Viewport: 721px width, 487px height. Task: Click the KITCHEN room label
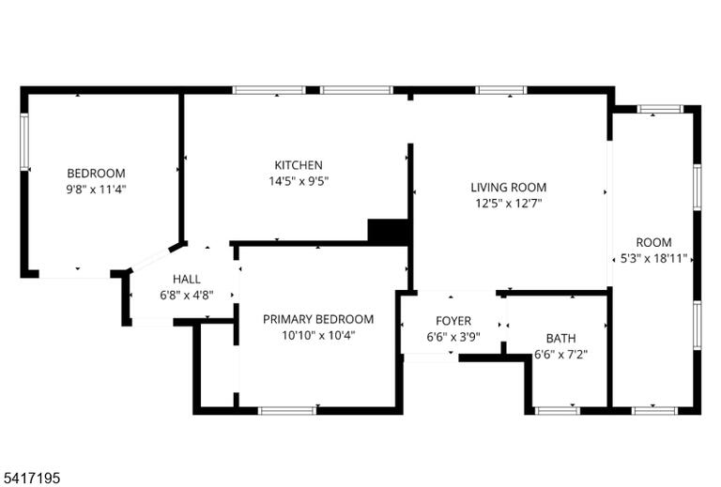[299, 165]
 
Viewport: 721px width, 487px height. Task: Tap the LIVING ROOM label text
[509, 188]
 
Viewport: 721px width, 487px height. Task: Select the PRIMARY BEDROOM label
[318, 319]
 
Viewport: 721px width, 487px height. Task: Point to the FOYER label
[453, 321]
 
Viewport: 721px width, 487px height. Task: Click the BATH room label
[561, 339]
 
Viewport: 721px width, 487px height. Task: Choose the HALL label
[187, 279]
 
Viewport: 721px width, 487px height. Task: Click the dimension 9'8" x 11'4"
[96, 189]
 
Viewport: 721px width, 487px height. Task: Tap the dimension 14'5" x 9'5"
[299, 181]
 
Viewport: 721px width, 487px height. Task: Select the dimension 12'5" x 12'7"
[509, 203]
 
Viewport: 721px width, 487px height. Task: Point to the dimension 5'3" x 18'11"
[653, 258]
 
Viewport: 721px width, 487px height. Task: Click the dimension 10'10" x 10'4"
[318, 335]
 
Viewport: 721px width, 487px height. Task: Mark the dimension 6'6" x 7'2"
[561, 355]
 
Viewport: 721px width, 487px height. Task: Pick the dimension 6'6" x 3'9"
[453, 337]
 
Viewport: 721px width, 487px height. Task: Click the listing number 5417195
[30, 478]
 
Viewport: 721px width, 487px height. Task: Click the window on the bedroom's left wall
[24, 142]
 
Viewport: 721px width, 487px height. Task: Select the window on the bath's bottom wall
[557, 410]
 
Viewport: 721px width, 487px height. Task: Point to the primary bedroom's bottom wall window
[287, 410]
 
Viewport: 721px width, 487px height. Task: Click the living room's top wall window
[500, 90]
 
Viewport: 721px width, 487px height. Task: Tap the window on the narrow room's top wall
[660, 109]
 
